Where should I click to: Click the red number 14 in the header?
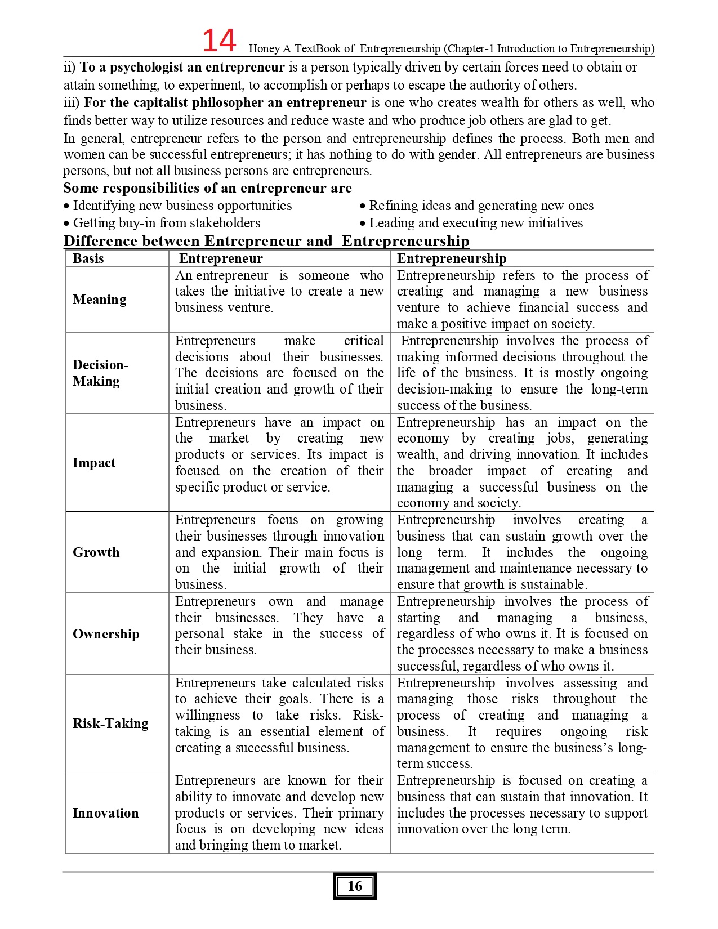click(219, 41)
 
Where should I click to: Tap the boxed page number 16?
click(354, 886)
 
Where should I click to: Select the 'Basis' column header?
click(88, 258)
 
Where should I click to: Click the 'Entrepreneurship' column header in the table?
click(452, 258)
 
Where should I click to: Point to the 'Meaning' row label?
click(100, 300)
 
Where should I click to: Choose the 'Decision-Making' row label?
click(100, 373)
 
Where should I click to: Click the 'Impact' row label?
click(94, 463)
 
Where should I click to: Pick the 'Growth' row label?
click(96, 552)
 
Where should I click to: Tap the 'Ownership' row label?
click(106, 634)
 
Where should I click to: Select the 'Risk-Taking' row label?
click(110, 723)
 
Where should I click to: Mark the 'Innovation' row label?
click(105, 813)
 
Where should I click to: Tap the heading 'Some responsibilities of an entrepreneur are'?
click(207, 188)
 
